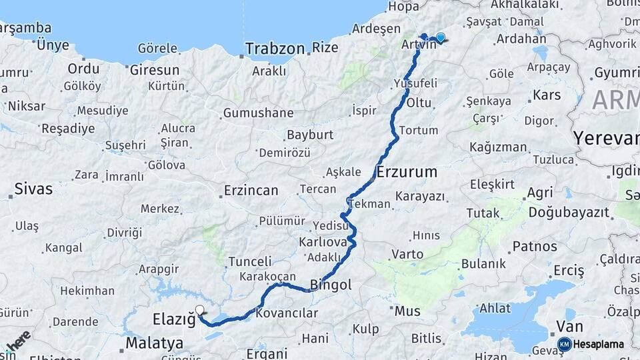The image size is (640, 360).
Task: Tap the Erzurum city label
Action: [x=407, y=172]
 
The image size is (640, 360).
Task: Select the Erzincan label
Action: [x=251, y=191]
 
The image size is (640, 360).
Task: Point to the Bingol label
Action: [x=331, y=285]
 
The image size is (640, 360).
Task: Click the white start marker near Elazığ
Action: [x=199, y=309]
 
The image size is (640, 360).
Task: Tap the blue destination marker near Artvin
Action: [x=440, y=37]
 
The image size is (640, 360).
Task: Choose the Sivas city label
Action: [x=33, y=189]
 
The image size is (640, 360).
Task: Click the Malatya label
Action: [x=154, y=343]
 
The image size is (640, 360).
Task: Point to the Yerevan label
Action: [x=605, y=139]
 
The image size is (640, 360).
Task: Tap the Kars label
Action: [x=547, y=95]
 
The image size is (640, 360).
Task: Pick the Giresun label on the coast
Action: [x=155, y=69]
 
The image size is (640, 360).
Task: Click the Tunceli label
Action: [x=250, y=261]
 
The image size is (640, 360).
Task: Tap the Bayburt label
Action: [x=310, y=135]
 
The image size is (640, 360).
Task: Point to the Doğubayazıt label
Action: [x=569, y=213]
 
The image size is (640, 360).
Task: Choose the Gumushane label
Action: [x=258, y=113]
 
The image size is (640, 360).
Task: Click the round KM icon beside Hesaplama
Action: [x=565, y=345]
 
